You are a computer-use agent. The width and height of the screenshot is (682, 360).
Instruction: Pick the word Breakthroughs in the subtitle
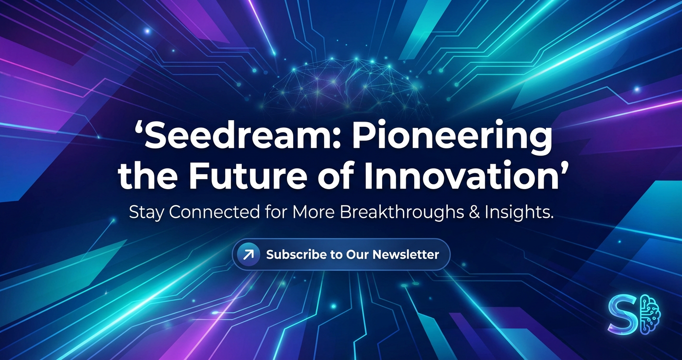point(402,213)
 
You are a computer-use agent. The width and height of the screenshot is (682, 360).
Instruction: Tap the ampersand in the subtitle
point(474,212)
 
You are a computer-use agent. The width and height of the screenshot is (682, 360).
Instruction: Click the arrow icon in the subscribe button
point(249,254)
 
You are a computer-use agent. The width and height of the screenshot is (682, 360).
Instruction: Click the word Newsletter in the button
point(406,254)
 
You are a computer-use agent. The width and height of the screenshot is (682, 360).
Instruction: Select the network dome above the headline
point(344,85)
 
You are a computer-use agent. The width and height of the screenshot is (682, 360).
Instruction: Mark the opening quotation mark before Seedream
point(138,129)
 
